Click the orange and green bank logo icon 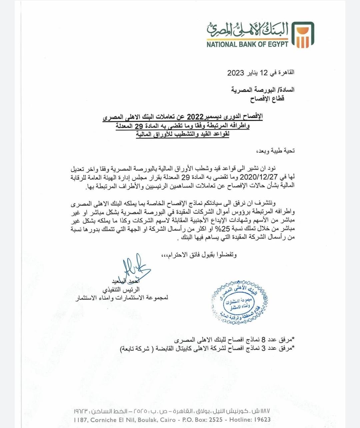303,34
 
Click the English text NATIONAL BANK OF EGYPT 247,44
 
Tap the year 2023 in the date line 236,73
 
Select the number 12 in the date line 264,73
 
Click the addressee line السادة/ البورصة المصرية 263,90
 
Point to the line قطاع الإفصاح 267,99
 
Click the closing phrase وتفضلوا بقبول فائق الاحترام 199,255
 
